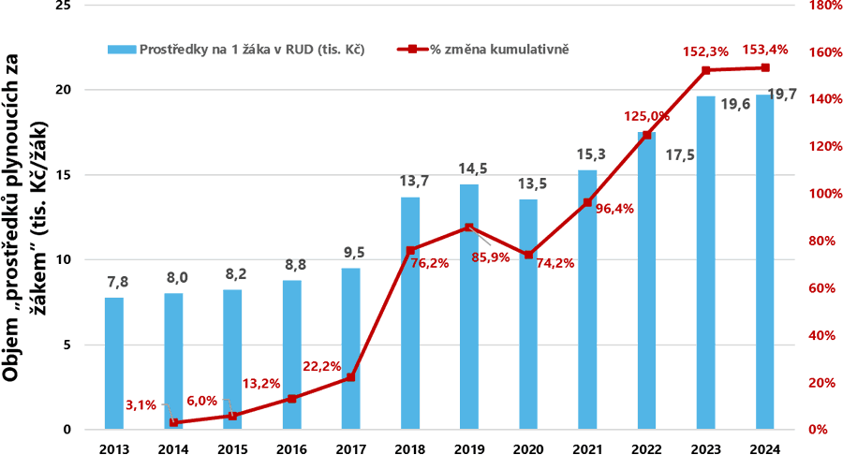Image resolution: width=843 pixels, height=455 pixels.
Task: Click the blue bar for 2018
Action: [410, 313]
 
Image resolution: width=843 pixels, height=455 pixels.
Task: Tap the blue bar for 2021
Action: [587, 300]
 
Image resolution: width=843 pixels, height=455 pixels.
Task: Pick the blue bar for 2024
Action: [764, 262]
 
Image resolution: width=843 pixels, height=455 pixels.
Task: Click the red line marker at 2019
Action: [469, 227]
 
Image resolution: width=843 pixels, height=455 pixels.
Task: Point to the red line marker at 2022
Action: [646, 135]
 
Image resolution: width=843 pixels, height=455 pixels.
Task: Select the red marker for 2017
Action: [351, 377]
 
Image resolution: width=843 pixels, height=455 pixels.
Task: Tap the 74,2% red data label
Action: [530, 263]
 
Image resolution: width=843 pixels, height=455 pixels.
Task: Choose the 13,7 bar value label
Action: [410, 180]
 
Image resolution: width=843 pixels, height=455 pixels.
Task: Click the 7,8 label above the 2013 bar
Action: [114, 281]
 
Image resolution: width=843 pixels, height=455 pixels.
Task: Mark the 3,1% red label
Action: [142, 404]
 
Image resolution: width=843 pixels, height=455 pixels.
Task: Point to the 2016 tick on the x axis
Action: [291, 447]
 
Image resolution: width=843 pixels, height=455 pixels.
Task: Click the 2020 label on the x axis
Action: [528, 447]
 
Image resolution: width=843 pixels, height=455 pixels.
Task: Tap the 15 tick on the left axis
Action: [64, 175]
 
